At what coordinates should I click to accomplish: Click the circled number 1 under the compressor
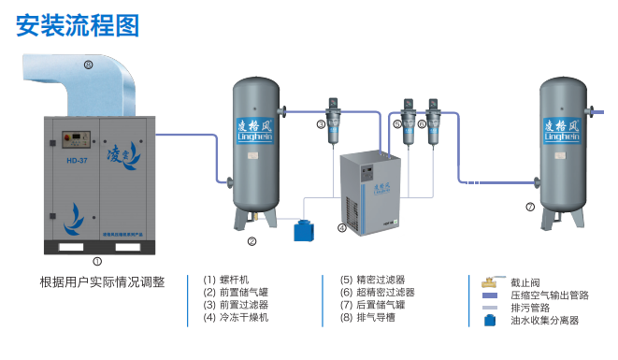coord(96,262)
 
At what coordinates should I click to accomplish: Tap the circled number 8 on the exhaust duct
coord(88,65)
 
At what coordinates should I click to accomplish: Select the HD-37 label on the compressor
coord(77,160)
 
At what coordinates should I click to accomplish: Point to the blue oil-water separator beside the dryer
coord(303,229)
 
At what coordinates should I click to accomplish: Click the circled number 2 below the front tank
coord(252,241)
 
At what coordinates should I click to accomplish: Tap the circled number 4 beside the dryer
coord(342,227)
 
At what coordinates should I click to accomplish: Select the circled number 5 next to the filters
coord(396,123)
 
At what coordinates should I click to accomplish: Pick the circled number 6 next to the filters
coord(422,123)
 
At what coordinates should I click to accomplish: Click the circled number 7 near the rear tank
coord(530,207)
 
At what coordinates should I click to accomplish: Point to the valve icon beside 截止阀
coord(488,281)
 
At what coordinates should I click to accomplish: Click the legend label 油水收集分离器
coord(545,320)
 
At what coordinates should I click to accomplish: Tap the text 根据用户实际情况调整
coord(103,281)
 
